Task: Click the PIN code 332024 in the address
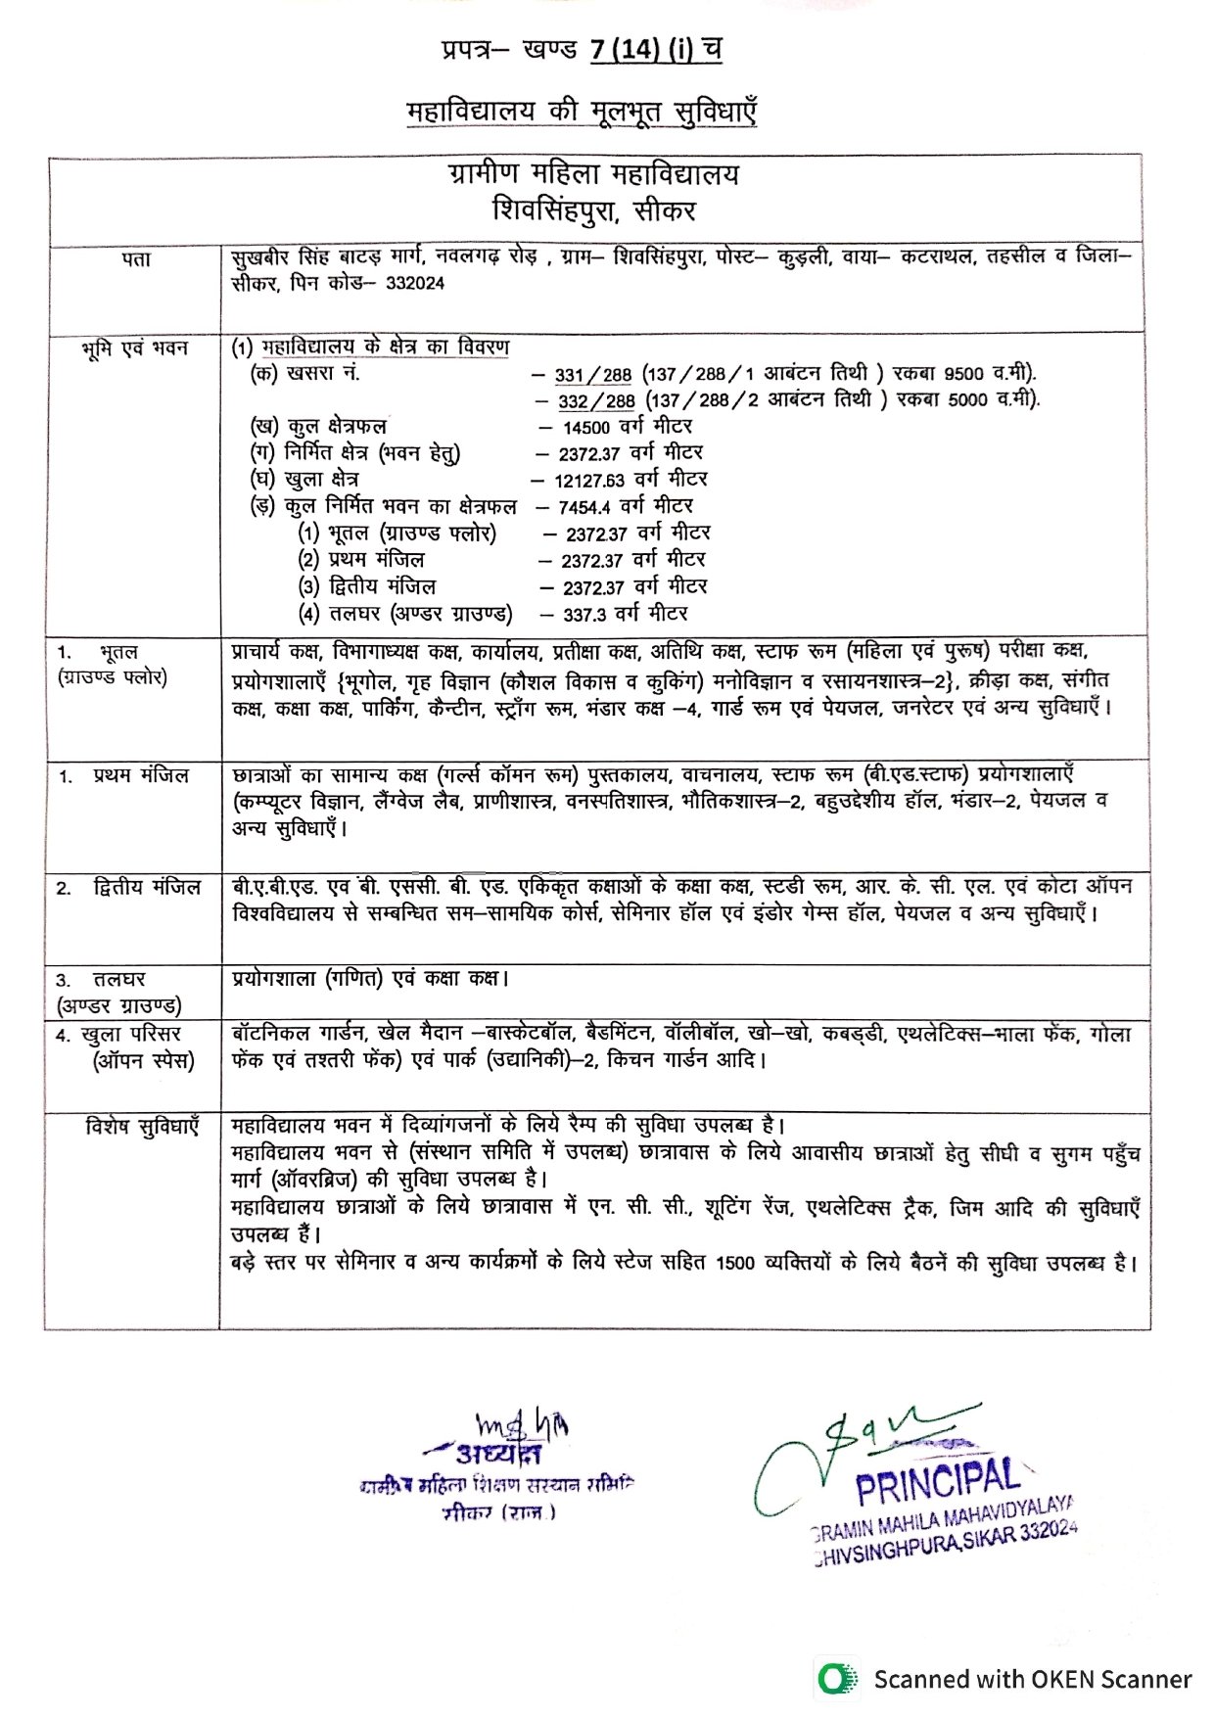pyautogui.click(x=415, y=283)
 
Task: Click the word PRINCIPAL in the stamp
pyautogui.click(x=937, y=1482)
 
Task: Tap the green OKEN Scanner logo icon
pyautogui.click(x=835, y=1679)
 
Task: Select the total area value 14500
pyautogui.click(x=586, y=428)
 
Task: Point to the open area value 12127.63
pyautogui.click(x=589, y=481)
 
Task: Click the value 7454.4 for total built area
pyautogui.click(x=584, y=507)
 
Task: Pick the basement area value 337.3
pyautogui.click(x=585, y=615)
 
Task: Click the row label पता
pyautogui.click(x=136, y=259)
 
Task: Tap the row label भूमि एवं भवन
pyautogui.click(x=135, y=348)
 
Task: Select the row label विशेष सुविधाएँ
pyautogui.click(x=142, y=1127)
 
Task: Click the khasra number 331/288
pyautogui.click(x=593, y=375)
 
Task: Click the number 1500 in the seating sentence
pyautogui.click(x=735, y=1263)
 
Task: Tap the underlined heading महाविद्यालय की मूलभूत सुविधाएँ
pyautogui.click(x=582, y=112)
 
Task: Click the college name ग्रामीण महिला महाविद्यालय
pyautogui.click(x=594, y=175)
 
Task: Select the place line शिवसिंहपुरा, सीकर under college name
pyautogui.click(x=594, y=210)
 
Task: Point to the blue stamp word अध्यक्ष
pyautogui.click(x=497, y=1454)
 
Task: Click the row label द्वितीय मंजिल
pyautogui.click(x=147, y=888)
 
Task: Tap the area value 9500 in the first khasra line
pyautogui.click(x=964, y=374)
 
